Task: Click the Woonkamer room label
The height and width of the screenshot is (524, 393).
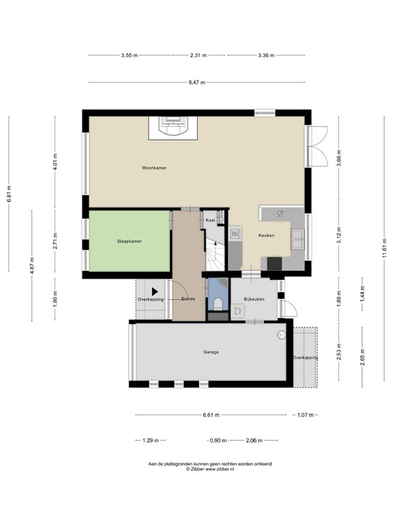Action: (154, 168)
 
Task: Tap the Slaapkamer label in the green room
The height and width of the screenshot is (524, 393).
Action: (130, 242)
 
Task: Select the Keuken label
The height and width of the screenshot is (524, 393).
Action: (266, 235)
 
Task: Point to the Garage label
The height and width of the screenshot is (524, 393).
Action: (211, 352)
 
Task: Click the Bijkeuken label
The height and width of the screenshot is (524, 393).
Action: (254, 299)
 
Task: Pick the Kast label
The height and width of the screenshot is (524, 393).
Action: (211, 220)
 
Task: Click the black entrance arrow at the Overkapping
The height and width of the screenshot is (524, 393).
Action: (155, 292)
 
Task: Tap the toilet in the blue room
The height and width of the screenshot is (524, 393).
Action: (218, 304)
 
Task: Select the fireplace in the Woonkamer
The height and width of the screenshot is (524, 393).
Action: (173, 128)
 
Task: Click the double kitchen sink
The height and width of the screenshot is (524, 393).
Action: (297, 239)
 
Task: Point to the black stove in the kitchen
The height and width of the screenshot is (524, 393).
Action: (275, 263)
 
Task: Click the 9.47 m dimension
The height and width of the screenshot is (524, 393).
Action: (196, 82)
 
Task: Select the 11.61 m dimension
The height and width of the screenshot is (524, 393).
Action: (385, 248)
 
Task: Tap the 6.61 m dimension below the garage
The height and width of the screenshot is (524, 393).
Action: (211, 415)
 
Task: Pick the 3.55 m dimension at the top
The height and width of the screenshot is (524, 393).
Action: (130, 55)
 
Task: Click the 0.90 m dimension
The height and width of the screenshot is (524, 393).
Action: (218, 441)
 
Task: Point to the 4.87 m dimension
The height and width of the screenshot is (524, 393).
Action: (32, 265)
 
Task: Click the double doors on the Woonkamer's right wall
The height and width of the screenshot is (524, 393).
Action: (317, 146)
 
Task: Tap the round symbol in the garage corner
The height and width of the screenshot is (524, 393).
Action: (282, 335)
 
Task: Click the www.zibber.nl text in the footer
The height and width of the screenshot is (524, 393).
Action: (220, 469)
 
